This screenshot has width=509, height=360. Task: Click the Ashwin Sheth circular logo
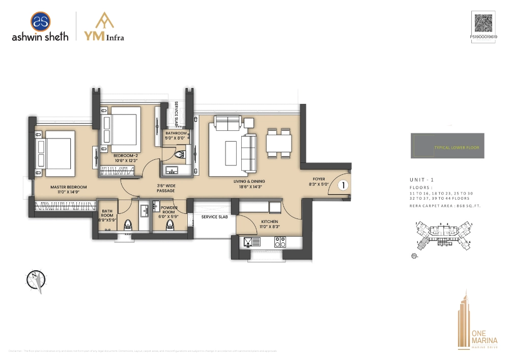pyautogui.click(x=40, y=22)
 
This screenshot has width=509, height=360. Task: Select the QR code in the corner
pyautogui.click(x=484, y=23)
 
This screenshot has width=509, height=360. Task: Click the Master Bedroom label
pyautogui.click(x=69, y=190)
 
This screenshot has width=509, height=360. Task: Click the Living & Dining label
pyautogui.click(x=249, y=184)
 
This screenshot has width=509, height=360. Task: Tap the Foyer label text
pyautogui.click(x=319, y=182)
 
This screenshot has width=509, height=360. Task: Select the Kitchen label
pyautogui.click(x=269, y=225)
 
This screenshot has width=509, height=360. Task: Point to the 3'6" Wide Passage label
pyautogui.click(x=166, y=187)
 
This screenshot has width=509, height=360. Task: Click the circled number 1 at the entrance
pyautogui.click(x=343, y=186)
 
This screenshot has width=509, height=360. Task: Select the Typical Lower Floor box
pyautogui.click(x=447, y=146)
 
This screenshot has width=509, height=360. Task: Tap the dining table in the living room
pyautogui.click(x=278, y=144)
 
